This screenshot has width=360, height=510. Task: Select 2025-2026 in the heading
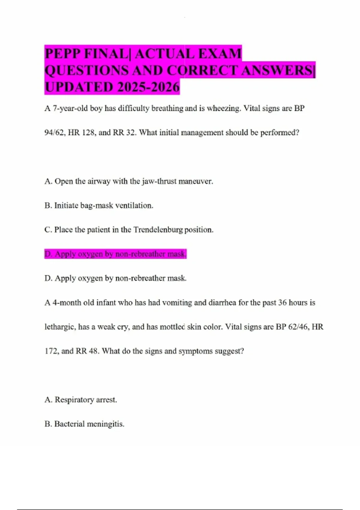click(148, 87)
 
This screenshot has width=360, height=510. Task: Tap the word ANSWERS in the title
click(278, 71)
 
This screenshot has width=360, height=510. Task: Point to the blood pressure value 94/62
click(55, 133)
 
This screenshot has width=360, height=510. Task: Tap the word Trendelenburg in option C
click(158, 230)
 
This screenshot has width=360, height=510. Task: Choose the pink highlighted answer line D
click(115, 254)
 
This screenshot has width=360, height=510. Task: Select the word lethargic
click(60, 327)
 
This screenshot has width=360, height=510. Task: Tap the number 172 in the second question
click(51, 351)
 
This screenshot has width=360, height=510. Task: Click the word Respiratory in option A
click(74, 400)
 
